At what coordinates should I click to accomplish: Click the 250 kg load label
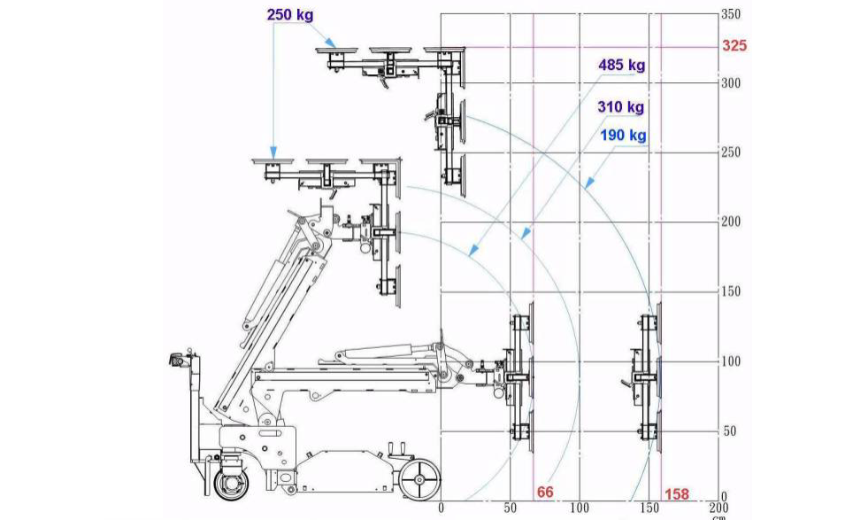pyautogui.click(x=290, y=14)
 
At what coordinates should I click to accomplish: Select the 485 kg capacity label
pyautogui.click(x=622, y=65)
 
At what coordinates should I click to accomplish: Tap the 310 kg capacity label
pyautogui.click(x=620, y=106)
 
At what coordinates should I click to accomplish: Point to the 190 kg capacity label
pyautogui.click(x=623, y=135)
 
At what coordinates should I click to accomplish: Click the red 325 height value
pyautogui.click(x=734, y=45)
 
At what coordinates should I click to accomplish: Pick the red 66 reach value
pyautogui.click(x=545, y=492)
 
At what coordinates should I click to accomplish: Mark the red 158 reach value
pyautogui.click(x=677, y=493)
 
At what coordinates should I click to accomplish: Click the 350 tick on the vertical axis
pyautogui.click(x=731, y=14)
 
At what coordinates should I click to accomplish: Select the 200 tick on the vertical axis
pyautogui.click(x=731, y=221)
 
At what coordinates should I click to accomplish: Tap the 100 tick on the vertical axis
pyautogui.click(x=731, y=361)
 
